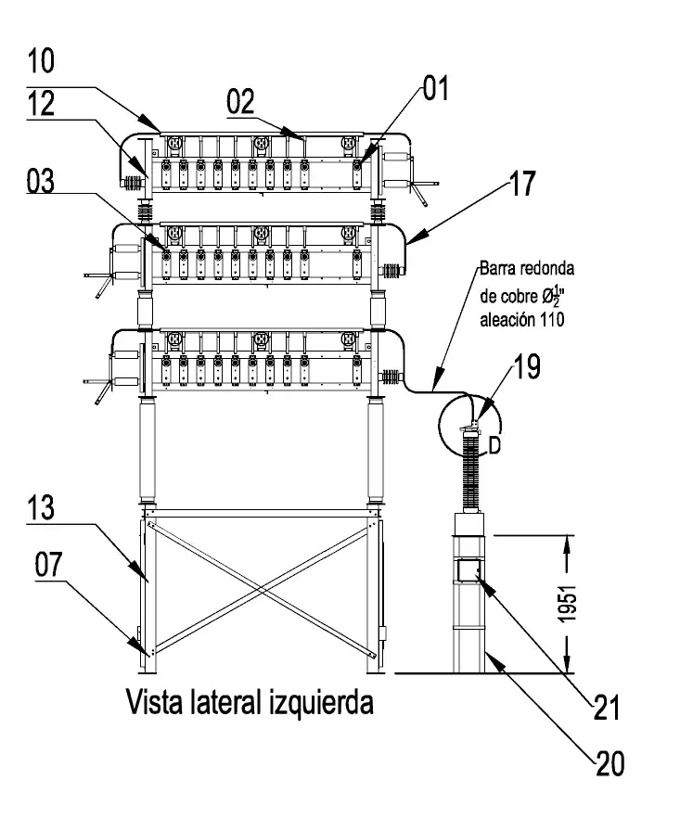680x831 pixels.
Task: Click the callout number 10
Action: (x=41, y=60)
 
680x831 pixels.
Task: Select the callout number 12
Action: (x=41, y=103)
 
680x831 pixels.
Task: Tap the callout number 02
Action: (x=240, y=102)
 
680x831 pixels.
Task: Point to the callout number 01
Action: (x=436, y=88)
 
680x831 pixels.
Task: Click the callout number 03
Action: (x=41, y=181)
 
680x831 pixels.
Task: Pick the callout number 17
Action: (x=522, y=184)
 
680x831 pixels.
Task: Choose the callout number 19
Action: (x=527, y=366)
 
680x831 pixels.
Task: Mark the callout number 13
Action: (x=41, y=507)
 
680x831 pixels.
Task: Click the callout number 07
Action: (x=49, y=565)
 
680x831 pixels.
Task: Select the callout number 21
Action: (x=607, y=707)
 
